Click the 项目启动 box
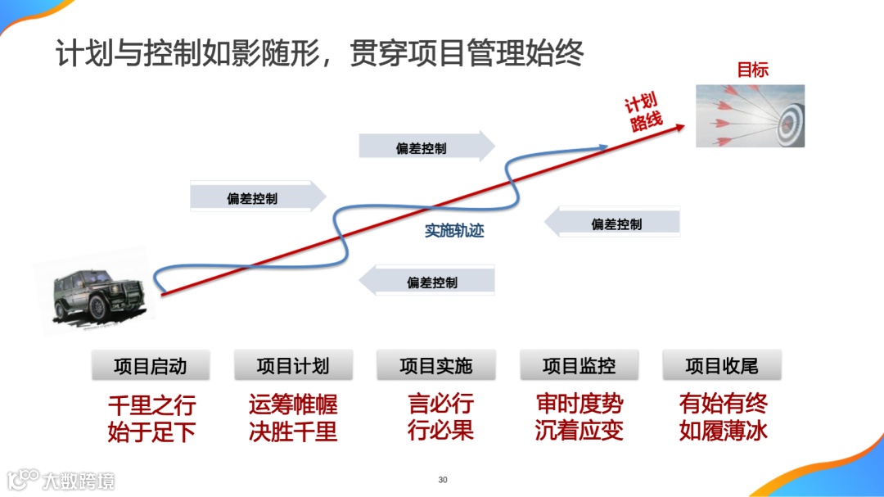151,366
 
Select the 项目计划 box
293,366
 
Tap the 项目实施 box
436,366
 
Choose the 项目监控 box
579,366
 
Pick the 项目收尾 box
722,366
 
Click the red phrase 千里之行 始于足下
151,418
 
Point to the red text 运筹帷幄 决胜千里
293,418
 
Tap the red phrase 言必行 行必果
440,417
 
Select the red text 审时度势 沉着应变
579,418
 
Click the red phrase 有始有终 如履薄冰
723,418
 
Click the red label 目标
752,70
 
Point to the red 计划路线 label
643,113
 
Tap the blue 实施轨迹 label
454,231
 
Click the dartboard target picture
751,115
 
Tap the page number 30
443,480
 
